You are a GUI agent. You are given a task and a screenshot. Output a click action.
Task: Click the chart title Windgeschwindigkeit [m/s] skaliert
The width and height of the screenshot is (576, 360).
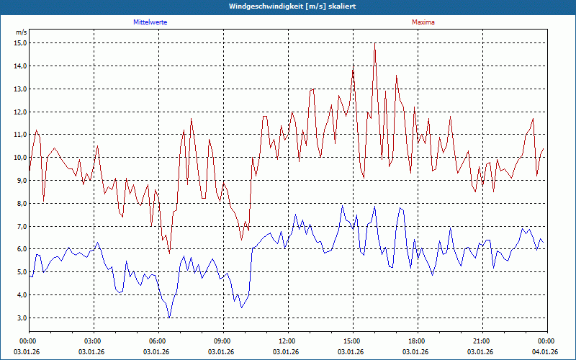coord(288,6)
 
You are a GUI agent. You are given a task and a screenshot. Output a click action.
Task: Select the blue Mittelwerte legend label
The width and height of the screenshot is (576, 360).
coord(150,22)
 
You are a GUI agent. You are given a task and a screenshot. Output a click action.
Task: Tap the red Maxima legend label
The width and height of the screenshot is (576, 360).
coord(423,22)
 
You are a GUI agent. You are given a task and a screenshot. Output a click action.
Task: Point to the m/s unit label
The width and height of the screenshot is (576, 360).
coord(21,32)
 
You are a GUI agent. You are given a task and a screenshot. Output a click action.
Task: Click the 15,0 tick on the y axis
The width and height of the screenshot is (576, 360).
coord(20,43)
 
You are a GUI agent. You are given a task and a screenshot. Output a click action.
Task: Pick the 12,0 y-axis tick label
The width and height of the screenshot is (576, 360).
coord(20,112)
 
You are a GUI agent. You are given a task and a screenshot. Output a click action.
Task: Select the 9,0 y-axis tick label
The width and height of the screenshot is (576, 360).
coord(20,181)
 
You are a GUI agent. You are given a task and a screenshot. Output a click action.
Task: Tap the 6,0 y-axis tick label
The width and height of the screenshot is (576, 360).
coord(20,249)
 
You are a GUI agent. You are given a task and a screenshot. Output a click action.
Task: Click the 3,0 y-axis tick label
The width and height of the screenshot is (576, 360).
coord(20,318)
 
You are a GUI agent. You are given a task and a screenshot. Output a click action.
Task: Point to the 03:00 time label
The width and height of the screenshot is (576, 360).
coord(93,341)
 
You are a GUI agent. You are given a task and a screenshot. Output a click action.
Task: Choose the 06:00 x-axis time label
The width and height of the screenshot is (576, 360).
coord(158,341)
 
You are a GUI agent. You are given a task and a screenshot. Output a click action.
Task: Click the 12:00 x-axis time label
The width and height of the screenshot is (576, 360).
coord(287,341)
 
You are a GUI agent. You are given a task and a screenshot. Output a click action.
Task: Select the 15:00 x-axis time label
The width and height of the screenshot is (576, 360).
coord(352,341)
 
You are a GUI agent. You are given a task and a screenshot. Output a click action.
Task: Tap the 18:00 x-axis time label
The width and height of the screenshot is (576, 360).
coord(417,341)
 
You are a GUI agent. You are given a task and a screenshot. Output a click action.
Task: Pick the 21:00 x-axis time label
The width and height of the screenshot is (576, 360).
coord(482,341)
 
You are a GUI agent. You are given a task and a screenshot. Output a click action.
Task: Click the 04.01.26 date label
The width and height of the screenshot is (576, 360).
coord(545,351)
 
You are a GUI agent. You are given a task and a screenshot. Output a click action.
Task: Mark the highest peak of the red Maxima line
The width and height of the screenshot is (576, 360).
coord(374,43)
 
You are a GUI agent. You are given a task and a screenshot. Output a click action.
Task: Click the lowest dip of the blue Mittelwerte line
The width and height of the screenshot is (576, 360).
coord(169,318)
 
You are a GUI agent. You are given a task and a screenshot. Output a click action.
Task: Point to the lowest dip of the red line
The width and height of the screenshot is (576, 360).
coord(169,253)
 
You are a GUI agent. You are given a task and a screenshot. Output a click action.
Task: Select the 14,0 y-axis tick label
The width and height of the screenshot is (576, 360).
coord(20,66)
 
